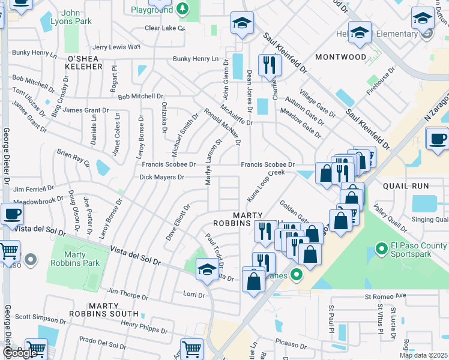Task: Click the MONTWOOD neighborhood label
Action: tap(341, 57)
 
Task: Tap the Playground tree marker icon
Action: tap(183, 9)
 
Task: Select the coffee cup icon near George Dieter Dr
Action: tap(12, 214)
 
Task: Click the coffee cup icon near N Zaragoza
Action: tap(437, 139)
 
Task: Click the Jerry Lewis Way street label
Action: tap(116, 47)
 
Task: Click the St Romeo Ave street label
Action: tap(385, 296)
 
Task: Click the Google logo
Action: tap(20, 353)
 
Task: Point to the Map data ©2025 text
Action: tap(423, 355)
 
